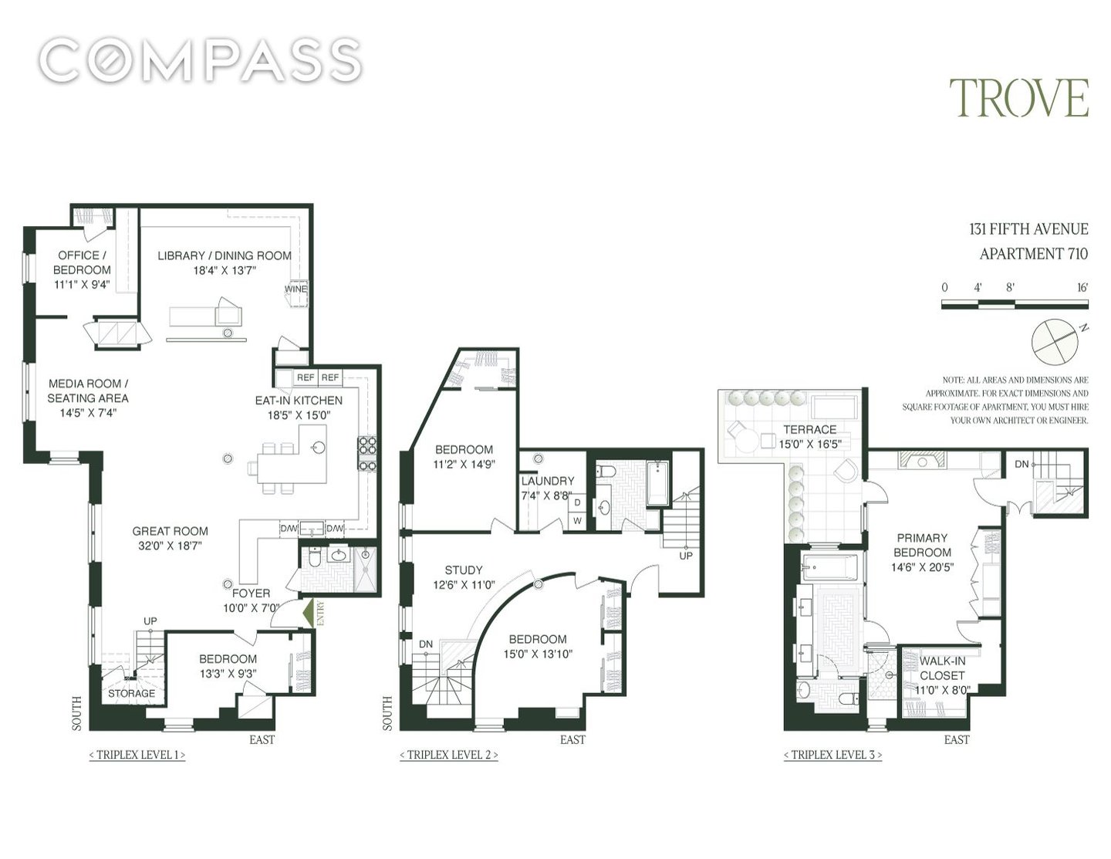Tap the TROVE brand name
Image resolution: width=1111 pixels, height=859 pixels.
1019,98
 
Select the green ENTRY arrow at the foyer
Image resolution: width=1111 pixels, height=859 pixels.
309,614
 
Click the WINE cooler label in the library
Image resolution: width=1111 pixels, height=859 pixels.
295,289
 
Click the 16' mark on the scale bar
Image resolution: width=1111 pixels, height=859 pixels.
1082,287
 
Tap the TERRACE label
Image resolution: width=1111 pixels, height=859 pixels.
809,429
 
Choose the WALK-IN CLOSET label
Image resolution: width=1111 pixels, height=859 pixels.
942,668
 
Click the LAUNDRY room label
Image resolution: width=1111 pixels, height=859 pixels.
548,481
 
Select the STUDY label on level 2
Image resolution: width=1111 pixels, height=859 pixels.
463,570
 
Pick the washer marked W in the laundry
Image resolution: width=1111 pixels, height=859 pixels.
577,520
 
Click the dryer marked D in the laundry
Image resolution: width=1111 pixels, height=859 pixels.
577,502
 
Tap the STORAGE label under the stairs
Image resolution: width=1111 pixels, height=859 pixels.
131,693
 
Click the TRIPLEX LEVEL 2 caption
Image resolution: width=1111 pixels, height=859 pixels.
449,755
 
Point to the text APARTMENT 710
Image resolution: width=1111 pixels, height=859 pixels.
1034,254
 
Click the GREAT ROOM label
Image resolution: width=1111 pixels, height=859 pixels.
171,531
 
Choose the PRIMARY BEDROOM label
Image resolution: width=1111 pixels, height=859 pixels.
923,545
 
